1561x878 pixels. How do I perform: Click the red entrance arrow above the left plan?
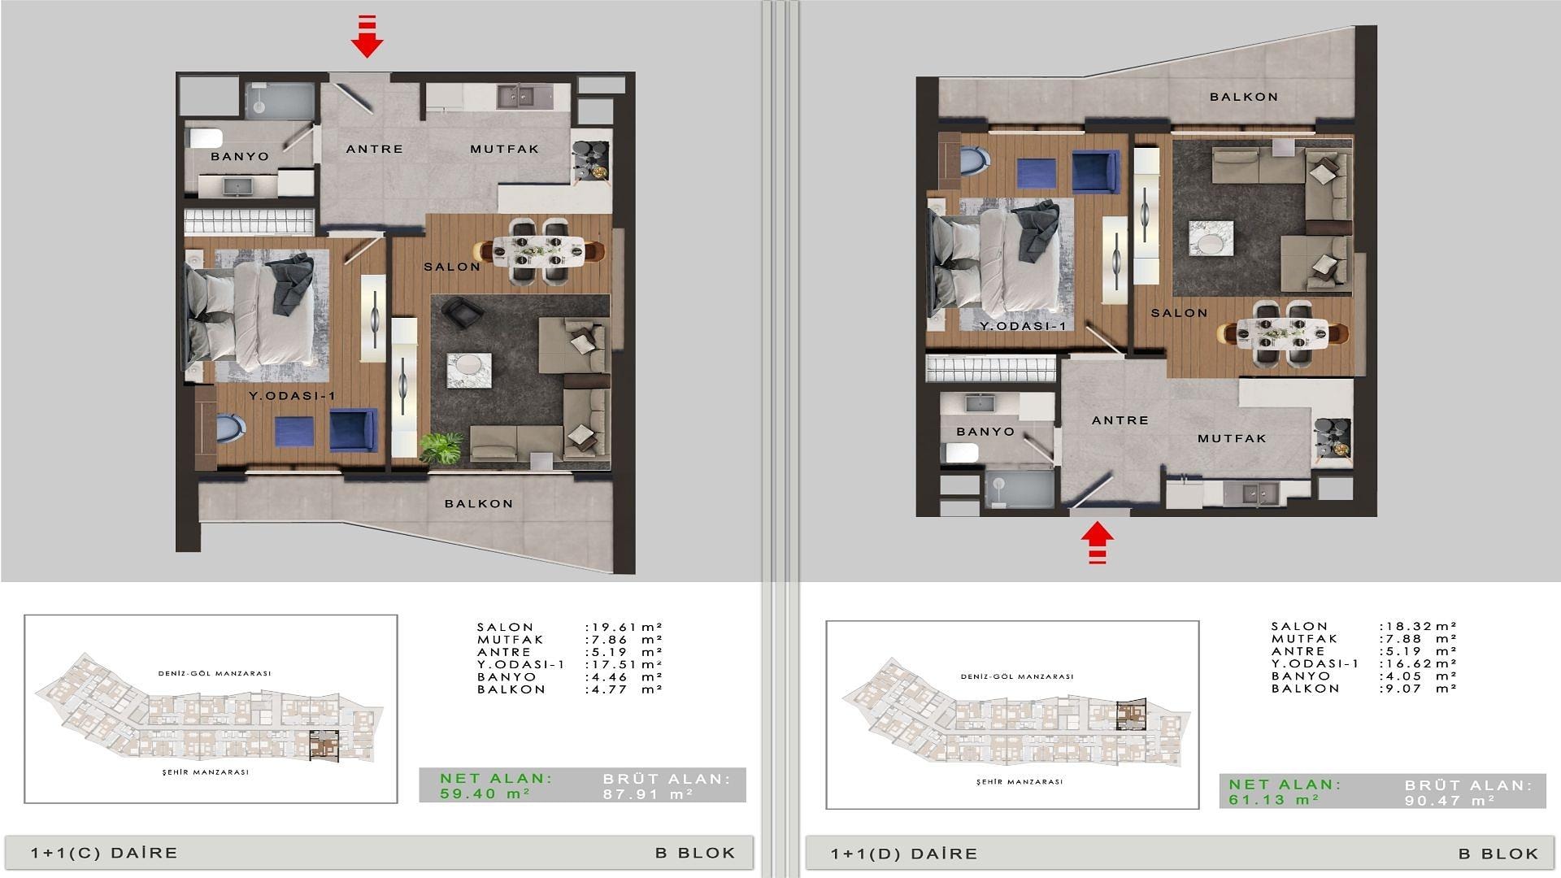367,37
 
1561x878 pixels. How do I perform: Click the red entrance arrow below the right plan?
1098,542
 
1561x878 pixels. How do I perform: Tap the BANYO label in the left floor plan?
240,156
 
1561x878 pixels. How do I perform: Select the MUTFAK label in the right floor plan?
1233,438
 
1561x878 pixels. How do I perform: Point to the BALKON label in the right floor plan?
1244,97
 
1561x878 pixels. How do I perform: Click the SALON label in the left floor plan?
452,267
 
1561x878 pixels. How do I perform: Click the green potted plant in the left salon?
442,447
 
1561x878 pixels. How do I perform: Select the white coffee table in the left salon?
469,371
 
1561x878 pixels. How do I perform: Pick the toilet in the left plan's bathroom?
205,137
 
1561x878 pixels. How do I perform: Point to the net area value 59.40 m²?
485,793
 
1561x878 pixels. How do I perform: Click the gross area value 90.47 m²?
1450,801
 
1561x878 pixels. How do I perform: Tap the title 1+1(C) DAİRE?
104,853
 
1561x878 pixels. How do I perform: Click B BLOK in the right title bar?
1498,854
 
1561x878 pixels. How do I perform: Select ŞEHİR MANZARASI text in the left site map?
206,772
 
